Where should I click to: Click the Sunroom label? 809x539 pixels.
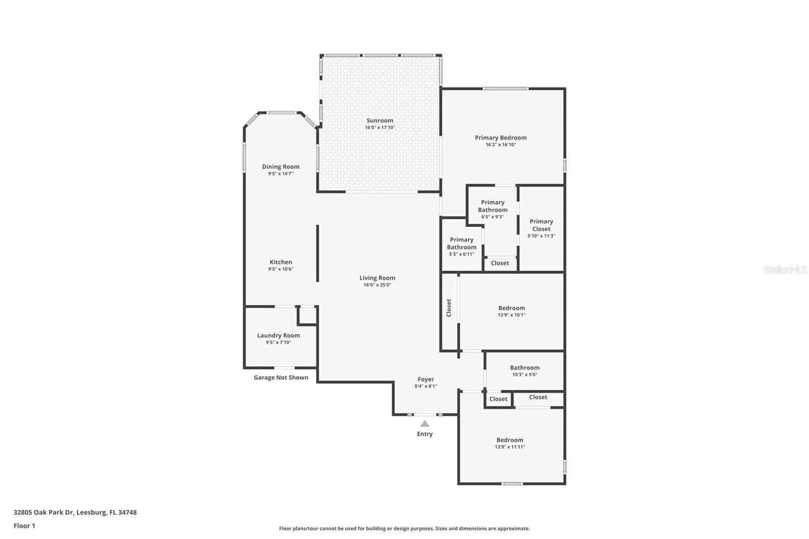click(x=380, y=120)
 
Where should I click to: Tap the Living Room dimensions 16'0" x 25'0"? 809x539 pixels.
click(x=377, y=285)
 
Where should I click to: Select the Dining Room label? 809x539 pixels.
click(x=281, y=166)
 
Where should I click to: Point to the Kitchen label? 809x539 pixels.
click(x=281, y=262)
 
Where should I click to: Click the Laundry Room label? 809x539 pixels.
click(x=278, y=335)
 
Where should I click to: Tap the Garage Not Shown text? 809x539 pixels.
click(x=281, y=378)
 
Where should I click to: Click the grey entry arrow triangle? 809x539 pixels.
click(x=425, y=424)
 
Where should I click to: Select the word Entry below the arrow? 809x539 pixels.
click(x=425, y=434)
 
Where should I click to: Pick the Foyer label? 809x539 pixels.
click(x=426, y=379)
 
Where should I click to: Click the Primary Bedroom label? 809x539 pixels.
click(x=501, y=138)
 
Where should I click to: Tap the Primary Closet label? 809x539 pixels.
click(x=541, y=225)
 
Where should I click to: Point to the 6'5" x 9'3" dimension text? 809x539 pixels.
click(x=492, y=217)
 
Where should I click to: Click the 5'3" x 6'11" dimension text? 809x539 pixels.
click(x=461, y=254)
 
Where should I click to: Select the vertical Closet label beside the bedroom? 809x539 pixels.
click(x=448, y=308)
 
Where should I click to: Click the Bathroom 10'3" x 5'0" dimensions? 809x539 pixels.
click(x=524, y=375)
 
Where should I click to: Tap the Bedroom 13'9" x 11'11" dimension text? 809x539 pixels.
click(x=510, y=447)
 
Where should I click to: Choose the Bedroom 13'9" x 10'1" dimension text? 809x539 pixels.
click(x=511, y=315)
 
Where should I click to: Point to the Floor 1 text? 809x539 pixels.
click(x=24, y=526)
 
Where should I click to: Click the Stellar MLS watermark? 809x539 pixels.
click(x=785, y=269)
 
